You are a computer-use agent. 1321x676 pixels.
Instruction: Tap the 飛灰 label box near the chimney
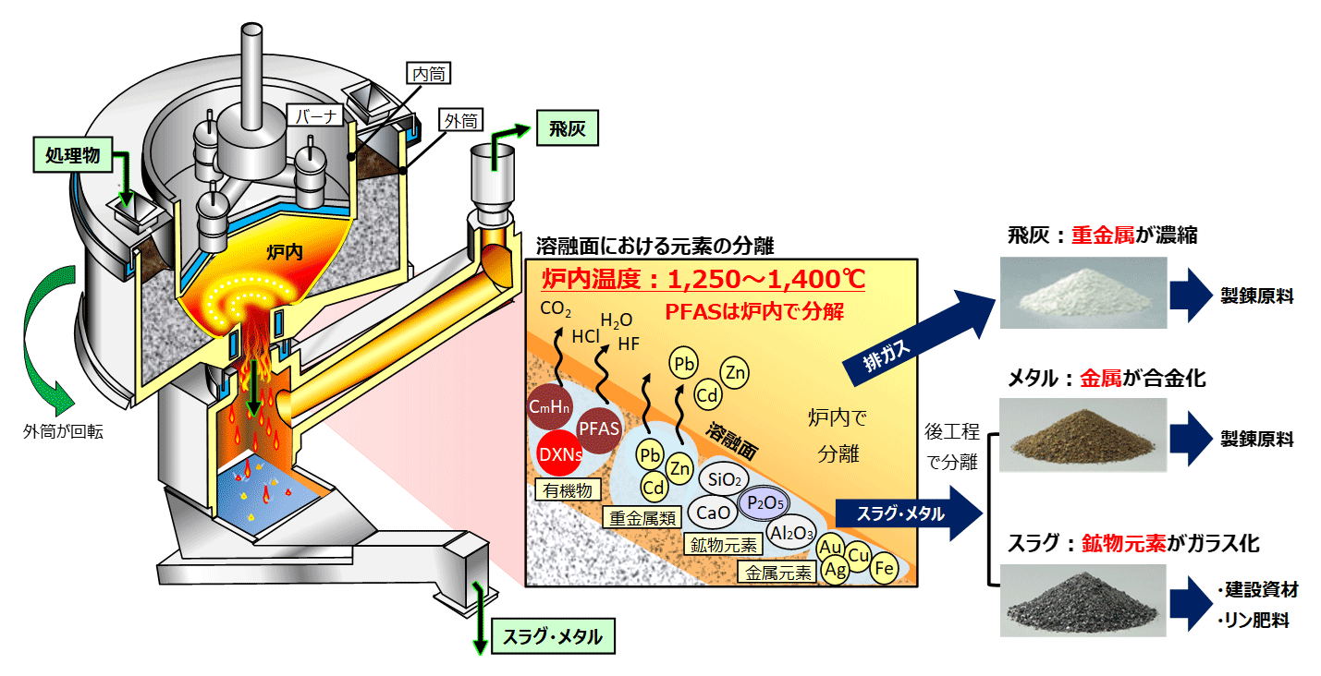[566, 129]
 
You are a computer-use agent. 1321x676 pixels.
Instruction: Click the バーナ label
[314, 116]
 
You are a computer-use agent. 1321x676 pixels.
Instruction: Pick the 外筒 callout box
[461, 120]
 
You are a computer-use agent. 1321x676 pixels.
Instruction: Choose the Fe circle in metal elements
[884, 567]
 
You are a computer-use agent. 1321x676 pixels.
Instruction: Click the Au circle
[830, 546]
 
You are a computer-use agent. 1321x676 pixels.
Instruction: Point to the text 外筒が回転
[63, 430]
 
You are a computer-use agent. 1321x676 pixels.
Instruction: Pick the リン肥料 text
[1252, 620]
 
